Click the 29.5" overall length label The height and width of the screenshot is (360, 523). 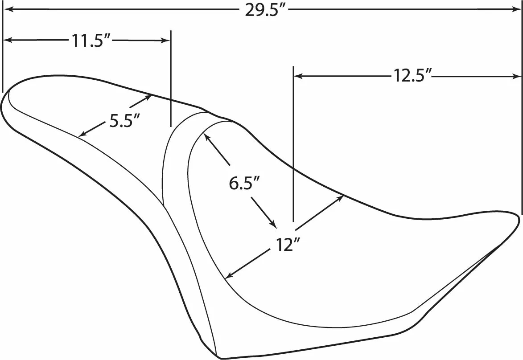coord(266,10)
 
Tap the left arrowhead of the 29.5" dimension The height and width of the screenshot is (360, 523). coord(8,10)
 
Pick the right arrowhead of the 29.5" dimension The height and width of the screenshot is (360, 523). coord(516,10)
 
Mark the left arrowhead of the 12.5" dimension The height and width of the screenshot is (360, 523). coord(298,76)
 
